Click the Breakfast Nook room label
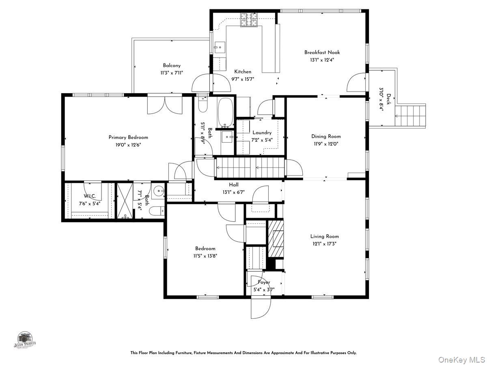coord(322,52)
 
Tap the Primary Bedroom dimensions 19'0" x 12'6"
coord(128,144)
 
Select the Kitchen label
coord(243,72)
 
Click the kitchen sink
coord(220,47)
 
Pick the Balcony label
coord(172,65)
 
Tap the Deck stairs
coord(411,116)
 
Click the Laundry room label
coord(262,133)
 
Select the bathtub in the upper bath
coord(225,112)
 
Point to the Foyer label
coord(264,282)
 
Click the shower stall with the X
coord(125,201)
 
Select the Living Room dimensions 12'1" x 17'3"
coord(324,244)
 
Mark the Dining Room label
coord(326,137)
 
